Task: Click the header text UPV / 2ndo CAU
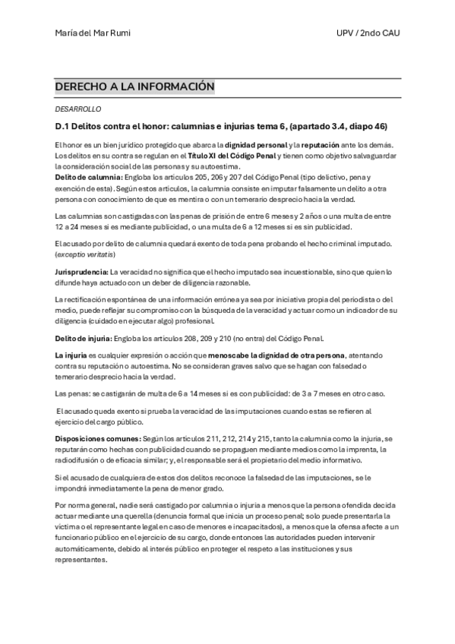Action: click(x=368, y=33)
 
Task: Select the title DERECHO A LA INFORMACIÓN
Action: click(x=135, y=88)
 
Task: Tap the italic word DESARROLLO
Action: click(x=78, y=109)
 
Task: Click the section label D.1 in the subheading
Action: click(x=63, y=126)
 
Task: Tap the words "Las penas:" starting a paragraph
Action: click(x=72, y=393)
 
